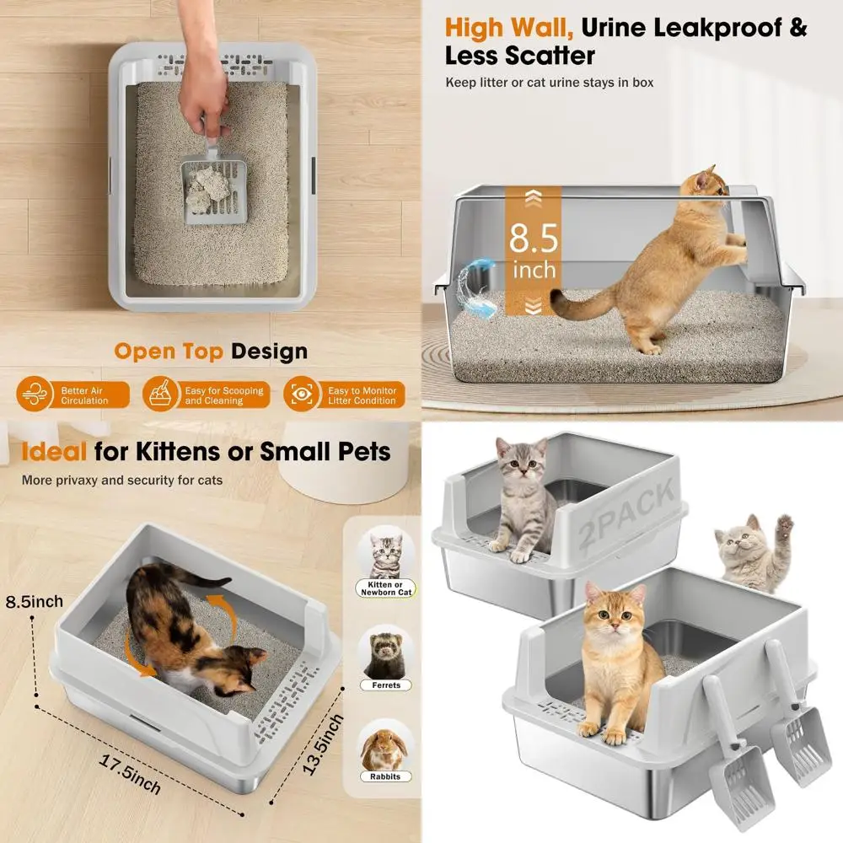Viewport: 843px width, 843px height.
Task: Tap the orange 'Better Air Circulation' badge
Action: [x=73, y=395]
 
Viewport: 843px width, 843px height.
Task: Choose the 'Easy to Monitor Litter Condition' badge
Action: [x=345, y=395]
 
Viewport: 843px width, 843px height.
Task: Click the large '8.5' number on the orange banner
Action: [x=533, y=239]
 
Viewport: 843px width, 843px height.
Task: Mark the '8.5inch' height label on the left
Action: [x=35, y=601]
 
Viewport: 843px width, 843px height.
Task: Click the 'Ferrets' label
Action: [x=386, y=685]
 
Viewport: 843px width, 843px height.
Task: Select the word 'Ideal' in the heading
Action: [x=54, y=452]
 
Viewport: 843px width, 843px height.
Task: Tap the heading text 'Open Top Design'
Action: [x=211, y=351]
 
